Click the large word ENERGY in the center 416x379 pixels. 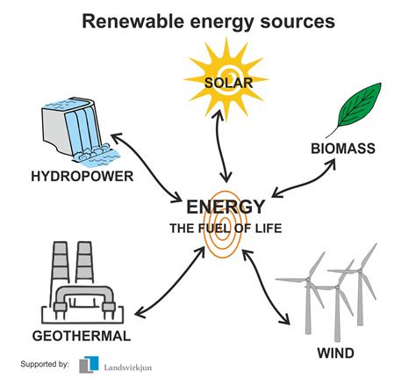pos(226,208)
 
